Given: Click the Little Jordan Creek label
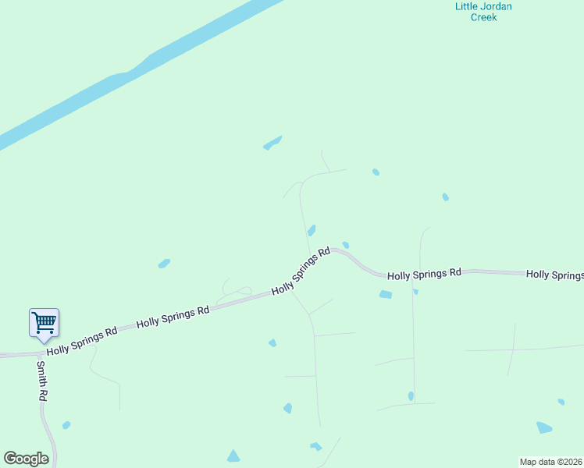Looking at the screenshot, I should coord(483,12).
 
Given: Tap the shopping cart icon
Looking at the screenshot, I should coord(44,321).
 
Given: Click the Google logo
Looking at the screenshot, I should coord(26,459).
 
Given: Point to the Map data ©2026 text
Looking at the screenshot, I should coord(550,462).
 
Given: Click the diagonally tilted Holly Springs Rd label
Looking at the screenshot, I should coord(301,272).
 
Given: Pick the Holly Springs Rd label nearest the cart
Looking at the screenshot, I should coord(81,341).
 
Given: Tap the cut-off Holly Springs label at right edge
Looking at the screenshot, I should coord(555,275).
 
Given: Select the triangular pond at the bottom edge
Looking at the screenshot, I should coord(233,456).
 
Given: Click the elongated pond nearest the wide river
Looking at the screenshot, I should coord(272,143).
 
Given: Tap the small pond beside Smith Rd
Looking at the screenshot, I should coord(66,425).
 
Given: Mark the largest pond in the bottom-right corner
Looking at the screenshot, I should coord(544,427).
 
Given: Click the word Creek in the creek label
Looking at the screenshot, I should coord(483,17).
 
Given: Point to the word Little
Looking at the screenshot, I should coord(466,6).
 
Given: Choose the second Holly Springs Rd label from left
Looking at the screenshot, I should coord(173,315).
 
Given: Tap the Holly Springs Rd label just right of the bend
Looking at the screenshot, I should coord(425,274).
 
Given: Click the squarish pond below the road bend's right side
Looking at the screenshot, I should coord(385,294).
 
